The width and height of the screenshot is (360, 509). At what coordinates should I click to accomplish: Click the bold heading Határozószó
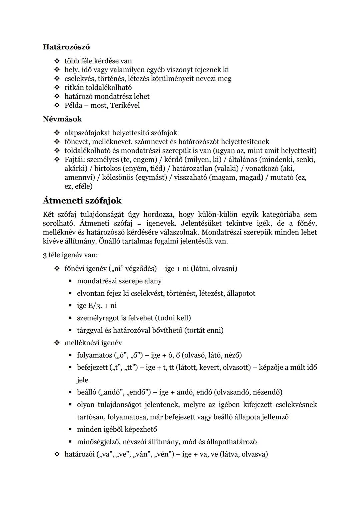pos(66,47)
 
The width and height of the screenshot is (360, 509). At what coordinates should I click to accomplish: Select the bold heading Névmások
pos(62,119)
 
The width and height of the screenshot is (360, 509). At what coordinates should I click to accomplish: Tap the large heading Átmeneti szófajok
pos(82,201)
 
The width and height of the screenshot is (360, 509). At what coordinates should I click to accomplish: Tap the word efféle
pos(83,186)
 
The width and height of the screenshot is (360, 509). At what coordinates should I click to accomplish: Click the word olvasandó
pos(236,392)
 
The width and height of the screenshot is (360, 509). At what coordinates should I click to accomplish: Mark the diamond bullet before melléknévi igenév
pos(57,343)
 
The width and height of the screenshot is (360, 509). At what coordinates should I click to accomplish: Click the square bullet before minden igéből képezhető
pos(70,429)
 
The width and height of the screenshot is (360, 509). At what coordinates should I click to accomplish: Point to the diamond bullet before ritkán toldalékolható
pos(57,88)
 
